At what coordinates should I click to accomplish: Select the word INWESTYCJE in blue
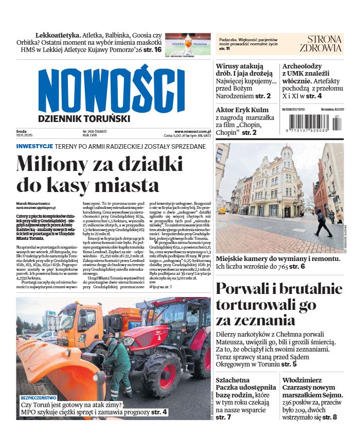pyautogui.click(x=34, y=146)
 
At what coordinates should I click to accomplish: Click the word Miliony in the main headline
pyautogui.click(x=56, y=165)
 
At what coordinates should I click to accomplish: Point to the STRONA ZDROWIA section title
pyautogui.click(x=325, y=44)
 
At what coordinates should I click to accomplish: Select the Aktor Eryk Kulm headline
pyautogui.click(x=242, y=110)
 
